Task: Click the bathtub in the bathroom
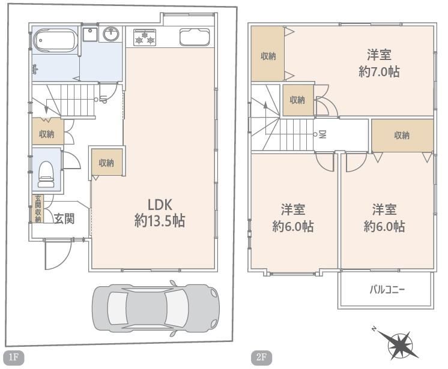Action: pos(55,41)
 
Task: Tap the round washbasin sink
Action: pos(111,34)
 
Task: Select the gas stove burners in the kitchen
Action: pos(145,37)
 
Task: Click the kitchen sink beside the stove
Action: pos(195,37)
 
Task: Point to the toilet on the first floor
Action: pos(46,174)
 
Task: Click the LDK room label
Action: pos(160,205)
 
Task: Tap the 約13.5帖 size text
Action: pos(160,221)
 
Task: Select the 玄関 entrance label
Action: pos(64,218)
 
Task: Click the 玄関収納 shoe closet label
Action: pos(38,209)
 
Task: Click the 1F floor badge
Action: pos(14,357)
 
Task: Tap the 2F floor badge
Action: pos(261,357)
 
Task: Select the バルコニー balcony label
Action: pos(387,290)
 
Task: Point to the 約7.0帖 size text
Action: pos(379,71)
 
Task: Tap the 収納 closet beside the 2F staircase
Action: pos(298,100)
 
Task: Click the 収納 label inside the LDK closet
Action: pos(106,163)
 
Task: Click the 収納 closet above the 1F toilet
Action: pos(47,131)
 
